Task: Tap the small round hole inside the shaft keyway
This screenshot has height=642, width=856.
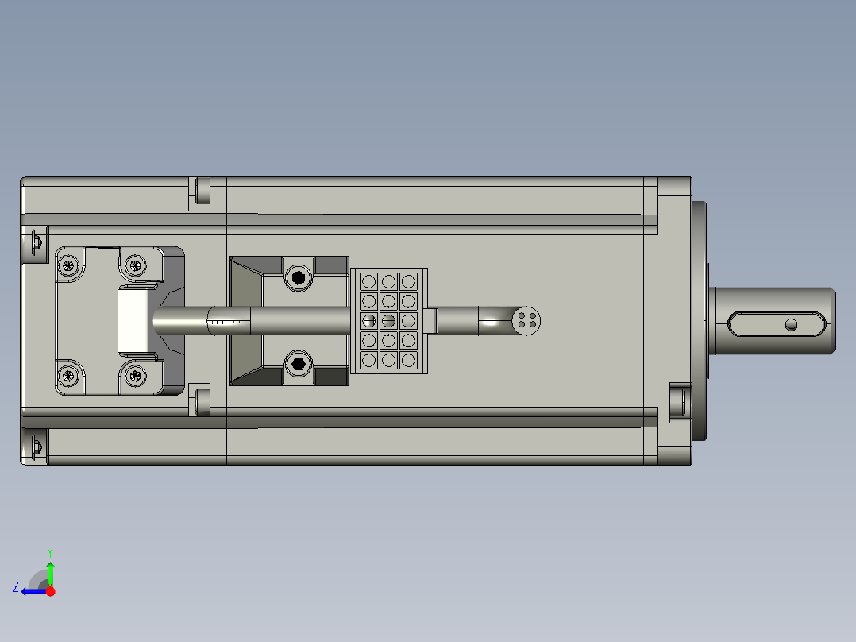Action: pyautogui.click(x=790, y=324)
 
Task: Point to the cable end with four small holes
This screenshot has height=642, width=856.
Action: pyautogui.click(x=526, y=320)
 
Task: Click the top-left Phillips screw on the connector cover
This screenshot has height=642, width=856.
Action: pyautogui.click(x=69, y=265)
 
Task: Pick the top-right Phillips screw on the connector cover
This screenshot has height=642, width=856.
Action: pyautogui.click(x=136, y=265)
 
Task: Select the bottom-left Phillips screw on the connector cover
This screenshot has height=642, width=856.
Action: pyautogui.click(x=69, y=375)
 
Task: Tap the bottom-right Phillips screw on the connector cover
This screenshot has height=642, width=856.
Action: pyautogui.click(x=136, y=375)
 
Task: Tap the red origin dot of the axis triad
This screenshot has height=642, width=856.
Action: pyautogui.click(x=51, y=591)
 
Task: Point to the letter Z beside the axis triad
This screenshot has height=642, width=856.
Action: pyautogui.click(x=16, y=587)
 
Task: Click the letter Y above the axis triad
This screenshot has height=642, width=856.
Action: pyautogui.click(x=49, y=551)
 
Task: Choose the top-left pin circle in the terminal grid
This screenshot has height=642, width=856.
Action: pyautogui.click(x=369, y=281)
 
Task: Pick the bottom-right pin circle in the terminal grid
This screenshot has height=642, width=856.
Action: pyautogui.click(x=408, y=360)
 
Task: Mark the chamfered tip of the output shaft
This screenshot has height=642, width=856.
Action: pyautogui.click(x=833, y=320)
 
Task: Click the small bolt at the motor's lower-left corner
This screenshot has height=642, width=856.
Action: pyautogui.click(x=35, y=447)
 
